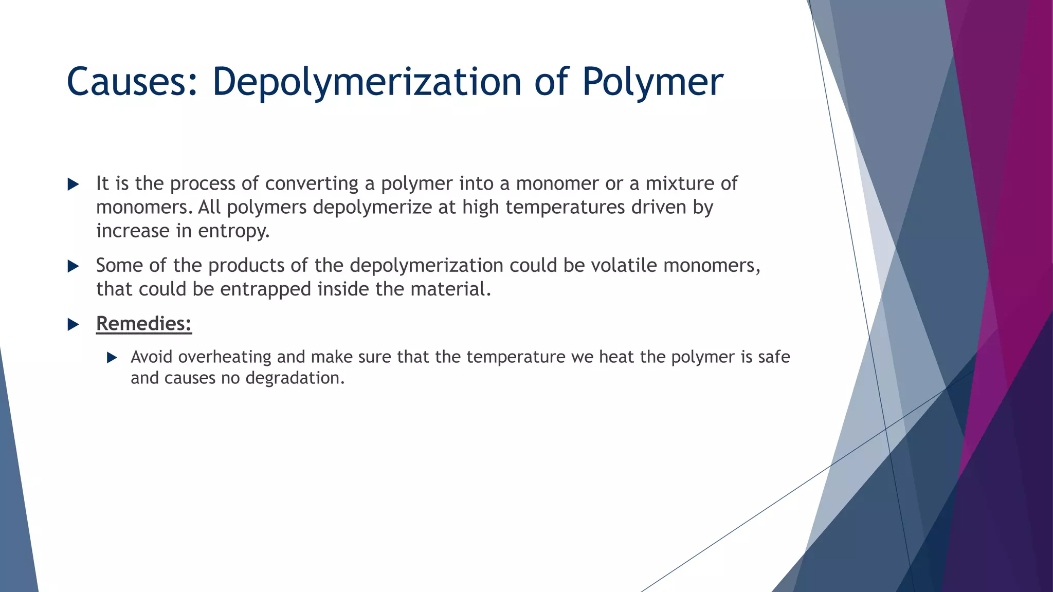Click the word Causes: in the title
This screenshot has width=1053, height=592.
(132, 82)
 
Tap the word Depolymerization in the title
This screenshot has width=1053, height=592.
(367, 82)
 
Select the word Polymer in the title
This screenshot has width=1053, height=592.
(652, 82)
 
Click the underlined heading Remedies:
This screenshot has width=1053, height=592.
(144, 324)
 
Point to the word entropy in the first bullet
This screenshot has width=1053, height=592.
(234, 231)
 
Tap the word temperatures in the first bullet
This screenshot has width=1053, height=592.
(566, 208)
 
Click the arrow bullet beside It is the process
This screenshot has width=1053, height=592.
(73, 184)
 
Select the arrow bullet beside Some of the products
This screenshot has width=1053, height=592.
(73, 266)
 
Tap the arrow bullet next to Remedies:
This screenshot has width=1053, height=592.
(73, 324)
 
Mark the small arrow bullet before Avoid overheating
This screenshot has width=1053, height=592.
(112, 358)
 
